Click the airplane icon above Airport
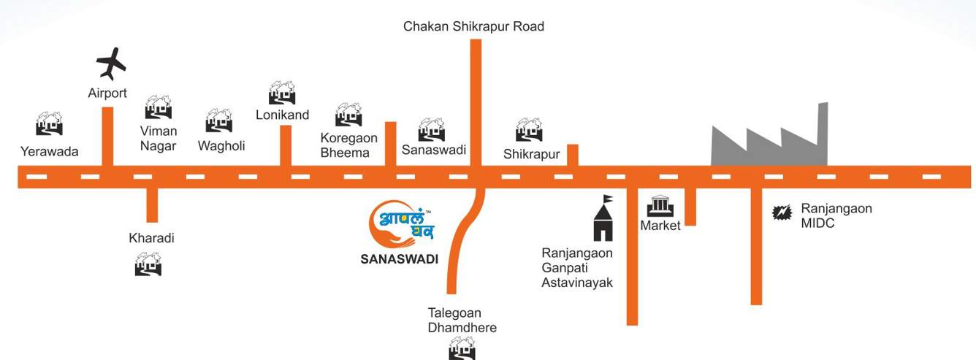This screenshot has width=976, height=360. [x=111, y=64]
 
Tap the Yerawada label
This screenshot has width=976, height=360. [x=50, y=152]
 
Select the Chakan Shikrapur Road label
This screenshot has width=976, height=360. [x=473, y=26]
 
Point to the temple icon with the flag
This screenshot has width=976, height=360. [x=603, y=218]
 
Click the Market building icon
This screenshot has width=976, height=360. [x=660, y=207]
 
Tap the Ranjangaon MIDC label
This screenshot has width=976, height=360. [x=836, y=216]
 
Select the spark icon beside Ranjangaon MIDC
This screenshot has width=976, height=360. [x=782, y=212]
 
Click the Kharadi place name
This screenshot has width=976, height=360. [x=151, y=238]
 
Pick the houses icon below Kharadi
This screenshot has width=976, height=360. [x=148, y=264]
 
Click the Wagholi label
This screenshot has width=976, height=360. [x=221, y=145]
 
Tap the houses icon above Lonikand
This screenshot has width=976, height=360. [x=282, y=93]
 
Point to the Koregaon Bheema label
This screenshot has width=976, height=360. [x=348, y=145]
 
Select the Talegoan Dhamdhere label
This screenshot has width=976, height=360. [x=462, y=320]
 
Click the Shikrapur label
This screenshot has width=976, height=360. [x=531, y=154]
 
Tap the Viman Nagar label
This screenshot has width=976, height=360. [x=159, y=138]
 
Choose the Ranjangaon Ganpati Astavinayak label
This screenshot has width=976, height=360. [x=577, y=267]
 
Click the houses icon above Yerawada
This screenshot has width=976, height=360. [x=50, y=123]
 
